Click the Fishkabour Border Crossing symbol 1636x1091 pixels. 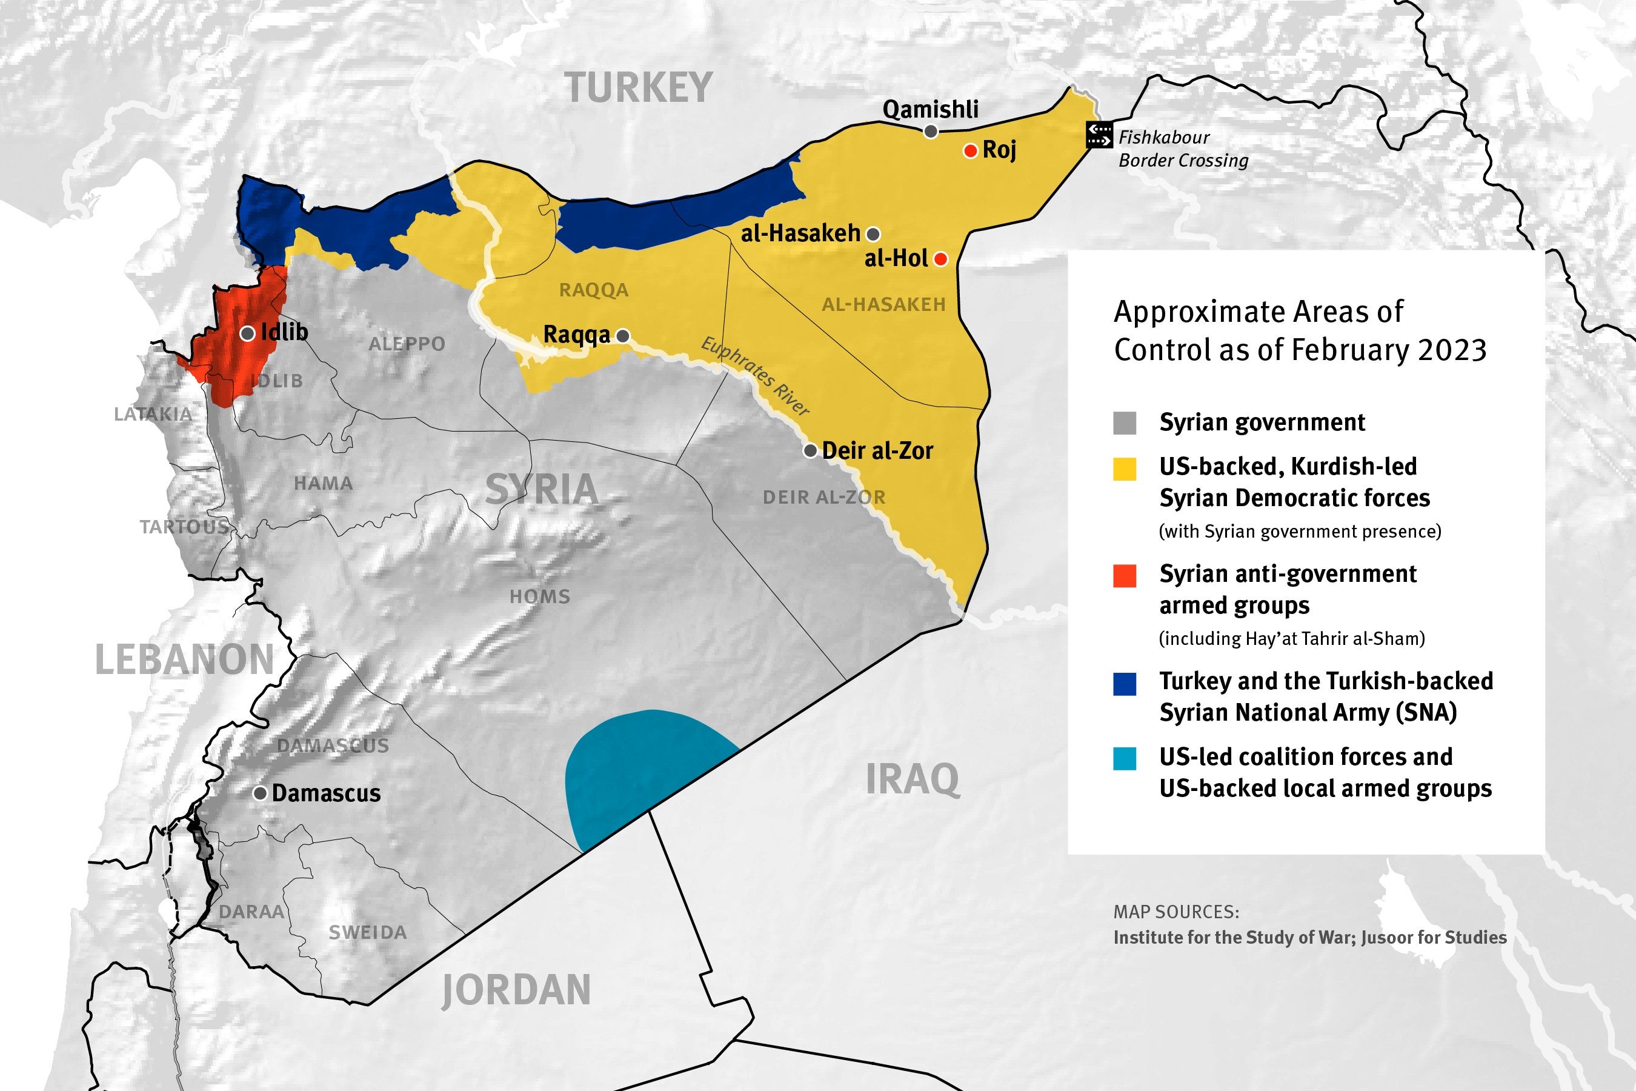[x=1099, y=135]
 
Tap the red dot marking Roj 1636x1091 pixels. [x=970, y=151]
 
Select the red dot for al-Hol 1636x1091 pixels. [x=940, y=259]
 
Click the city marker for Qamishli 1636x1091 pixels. [x=930, y=132]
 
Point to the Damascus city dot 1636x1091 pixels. [x=260, y=793]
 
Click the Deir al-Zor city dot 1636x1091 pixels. [x=810, y=451]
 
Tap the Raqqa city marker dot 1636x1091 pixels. [x=623, y=336]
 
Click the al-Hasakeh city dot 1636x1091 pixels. [x=873, y=234]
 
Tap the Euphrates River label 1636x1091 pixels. [x=756, y=376]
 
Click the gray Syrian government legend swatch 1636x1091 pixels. [x=1125, y=423]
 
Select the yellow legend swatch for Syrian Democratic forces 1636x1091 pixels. [x=1125, y=469]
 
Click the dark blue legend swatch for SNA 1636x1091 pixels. [x=1125, y=683]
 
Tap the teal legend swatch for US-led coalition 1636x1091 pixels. [x=1125, y=758]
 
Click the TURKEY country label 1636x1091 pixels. [x=639, y=88]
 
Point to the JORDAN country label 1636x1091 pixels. [x=516, y=990]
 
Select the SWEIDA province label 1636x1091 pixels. [x=367, y=932]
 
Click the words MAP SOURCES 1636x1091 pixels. [x=1176, y=912]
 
